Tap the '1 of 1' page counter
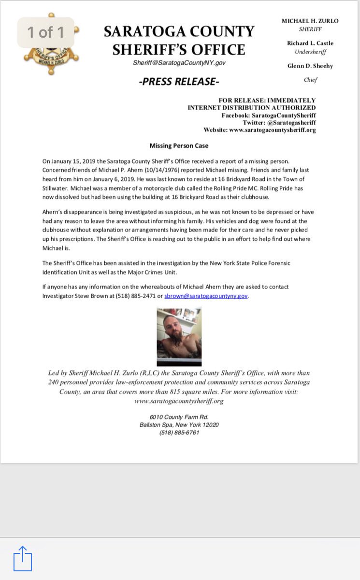(46, 32)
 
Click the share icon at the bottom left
(22, 559)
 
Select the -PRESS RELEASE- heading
(178, 82)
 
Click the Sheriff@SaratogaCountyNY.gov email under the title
(179, 63)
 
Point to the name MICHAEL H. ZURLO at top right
(310, 21)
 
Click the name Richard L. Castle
(310, 43)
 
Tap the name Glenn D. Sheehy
(310, 66)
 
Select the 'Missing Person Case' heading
(179, 145)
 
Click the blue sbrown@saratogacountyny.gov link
(206, 296)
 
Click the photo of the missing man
(179, 337)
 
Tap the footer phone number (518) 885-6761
(179, 433)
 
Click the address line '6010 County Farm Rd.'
(179, 417)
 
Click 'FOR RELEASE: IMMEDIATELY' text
(267, 101)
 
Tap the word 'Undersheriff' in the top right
(310, 52)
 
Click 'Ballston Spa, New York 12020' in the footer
(179, 425)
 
